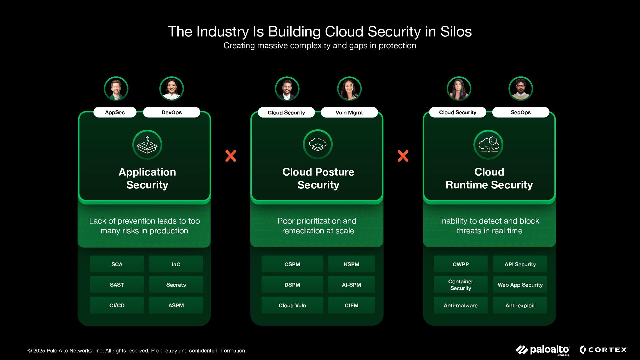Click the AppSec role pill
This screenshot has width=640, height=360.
(115, 112)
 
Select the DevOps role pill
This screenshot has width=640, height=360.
(172, 112)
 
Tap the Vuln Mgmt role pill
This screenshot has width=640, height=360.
(349, 112)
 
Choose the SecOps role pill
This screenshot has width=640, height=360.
(520, 112)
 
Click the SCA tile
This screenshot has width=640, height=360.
(117, 264)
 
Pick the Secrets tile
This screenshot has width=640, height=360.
(176, 285)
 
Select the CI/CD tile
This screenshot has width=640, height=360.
(117, 305)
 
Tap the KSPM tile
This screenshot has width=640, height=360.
(351, 264)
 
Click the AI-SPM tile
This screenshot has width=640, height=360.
(351, 285)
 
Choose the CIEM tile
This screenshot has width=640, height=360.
(351, 305)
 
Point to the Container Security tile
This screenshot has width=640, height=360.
(461, 285)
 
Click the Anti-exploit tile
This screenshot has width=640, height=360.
(520, 305)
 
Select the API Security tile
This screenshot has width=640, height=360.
(520, 264)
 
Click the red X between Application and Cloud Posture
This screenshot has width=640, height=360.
(231, 156)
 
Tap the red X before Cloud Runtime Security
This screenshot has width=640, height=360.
(403, 156)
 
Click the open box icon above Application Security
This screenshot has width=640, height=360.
(147, 145)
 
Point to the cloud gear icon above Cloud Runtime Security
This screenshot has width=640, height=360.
(489, 145)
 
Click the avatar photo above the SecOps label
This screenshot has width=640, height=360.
(521, 89)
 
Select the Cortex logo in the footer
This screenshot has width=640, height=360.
(603, 350)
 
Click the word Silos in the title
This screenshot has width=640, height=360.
(456, 32)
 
